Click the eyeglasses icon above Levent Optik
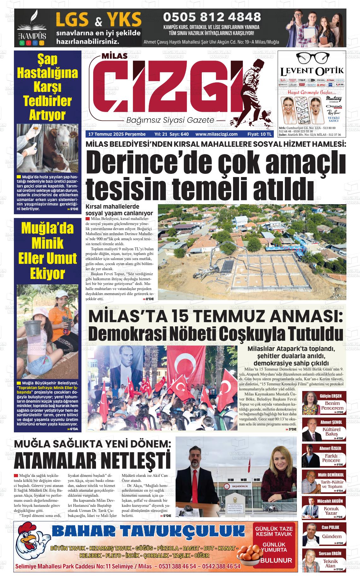click(311, 58)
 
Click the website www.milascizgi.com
click(216, 134)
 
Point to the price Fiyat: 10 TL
click(260, 134)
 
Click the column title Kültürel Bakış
click(331, 432)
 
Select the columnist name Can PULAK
click(330, 527)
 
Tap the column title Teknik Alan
click(330, 563)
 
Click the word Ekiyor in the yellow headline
click(47, 274)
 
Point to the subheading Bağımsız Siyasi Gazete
click(170, 121)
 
